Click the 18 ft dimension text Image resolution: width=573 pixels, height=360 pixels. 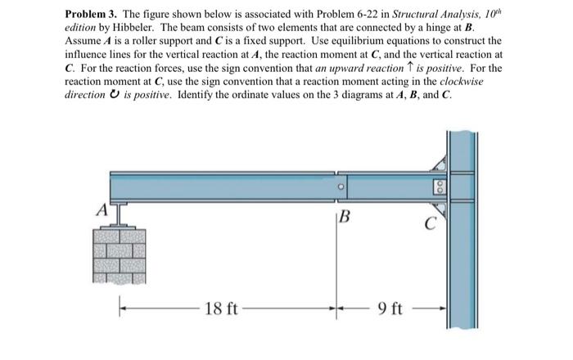coord(220,309)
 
